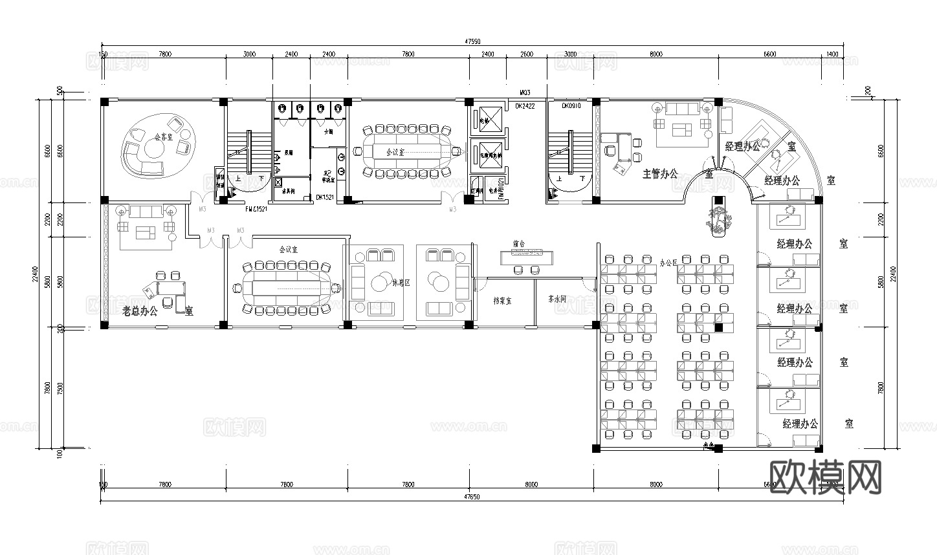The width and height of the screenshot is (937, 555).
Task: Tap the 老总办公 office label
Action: click(140, 311)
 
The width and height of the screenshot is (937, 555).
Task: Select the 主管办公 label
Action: click(660, 174)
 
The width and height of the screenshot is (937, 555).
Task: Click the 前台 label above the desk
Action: click(518, 245)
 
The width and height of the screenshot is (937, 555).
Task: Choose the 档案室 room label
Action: click(502, 301)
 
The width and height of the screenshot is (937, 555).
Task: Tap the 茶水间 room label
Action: click(557, 299)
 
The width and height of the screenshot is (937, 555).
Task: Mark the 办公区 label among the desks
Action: click(668, 263)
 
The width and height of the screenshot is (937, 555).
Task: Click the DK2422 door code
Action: click(525, 105)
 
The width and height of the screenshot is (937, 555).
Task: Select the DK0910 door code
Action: click(571, 105)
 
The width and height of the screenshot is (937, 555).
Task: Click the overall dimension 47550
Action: click(472, 41)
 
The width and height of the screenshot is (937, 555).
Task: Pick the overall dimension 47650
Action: click(472, 497)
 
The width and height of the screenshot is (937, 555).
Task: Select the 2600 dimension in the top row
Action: click(527, 54)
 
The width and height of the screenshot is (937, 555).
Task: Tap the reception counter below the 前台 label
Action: click(527, 257)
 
